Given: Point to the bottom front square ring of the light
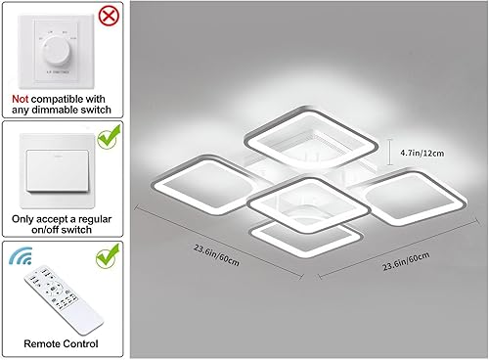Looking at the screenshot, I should point(303,240).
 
